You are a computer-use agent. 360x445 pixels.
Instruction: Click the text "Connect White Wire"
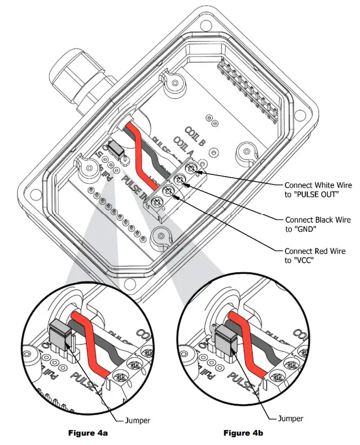[317, 185]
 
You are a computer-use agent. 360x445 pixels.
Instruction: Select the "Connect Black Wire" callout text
[316, 219]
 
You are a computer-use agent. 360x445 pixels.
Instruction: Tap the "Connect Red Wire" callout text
[315, 251]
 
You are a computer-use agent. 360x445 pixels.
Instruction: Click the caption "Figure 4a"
[88, 432]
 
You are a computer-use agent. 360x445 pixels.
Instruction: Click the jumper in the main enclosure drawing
[115, 149]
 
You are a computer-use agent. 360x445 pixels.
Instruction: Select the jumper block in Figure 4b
[226, 338]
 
